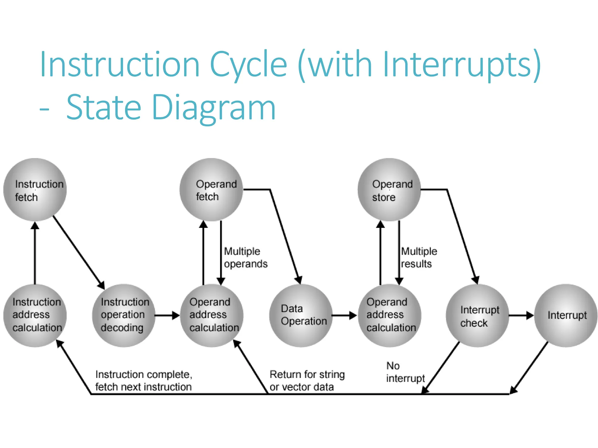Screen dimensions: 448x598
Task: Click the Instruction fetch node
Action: point(35,190)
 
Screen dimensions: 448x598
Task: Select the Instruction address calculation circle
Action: point(35,315)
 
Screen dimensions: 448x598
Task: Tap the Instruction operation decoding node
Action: point(124,315)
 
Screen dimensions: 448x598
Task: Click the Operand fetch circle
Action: point(211,190)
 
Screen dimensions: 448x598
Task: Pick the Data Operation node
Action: point(301,315)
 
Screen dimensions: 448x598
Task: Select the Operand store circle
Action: point(389,190)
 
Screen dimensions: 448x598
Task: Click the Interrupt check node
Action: point(477,315)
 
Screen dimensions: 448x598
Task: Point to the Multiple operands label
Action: point(245,257)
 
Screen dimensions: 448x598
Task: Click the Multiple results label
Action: point(419,257)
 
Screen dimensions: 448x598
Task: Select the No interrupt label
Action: point(405,372)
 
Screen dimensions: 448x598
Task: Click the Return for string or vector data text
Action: point(307,380)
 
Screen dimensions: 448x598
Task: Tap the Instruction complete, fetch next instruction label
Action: point(143,380)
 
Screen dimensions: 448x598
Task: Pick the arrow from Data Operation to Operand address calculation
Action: point(344,315)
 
